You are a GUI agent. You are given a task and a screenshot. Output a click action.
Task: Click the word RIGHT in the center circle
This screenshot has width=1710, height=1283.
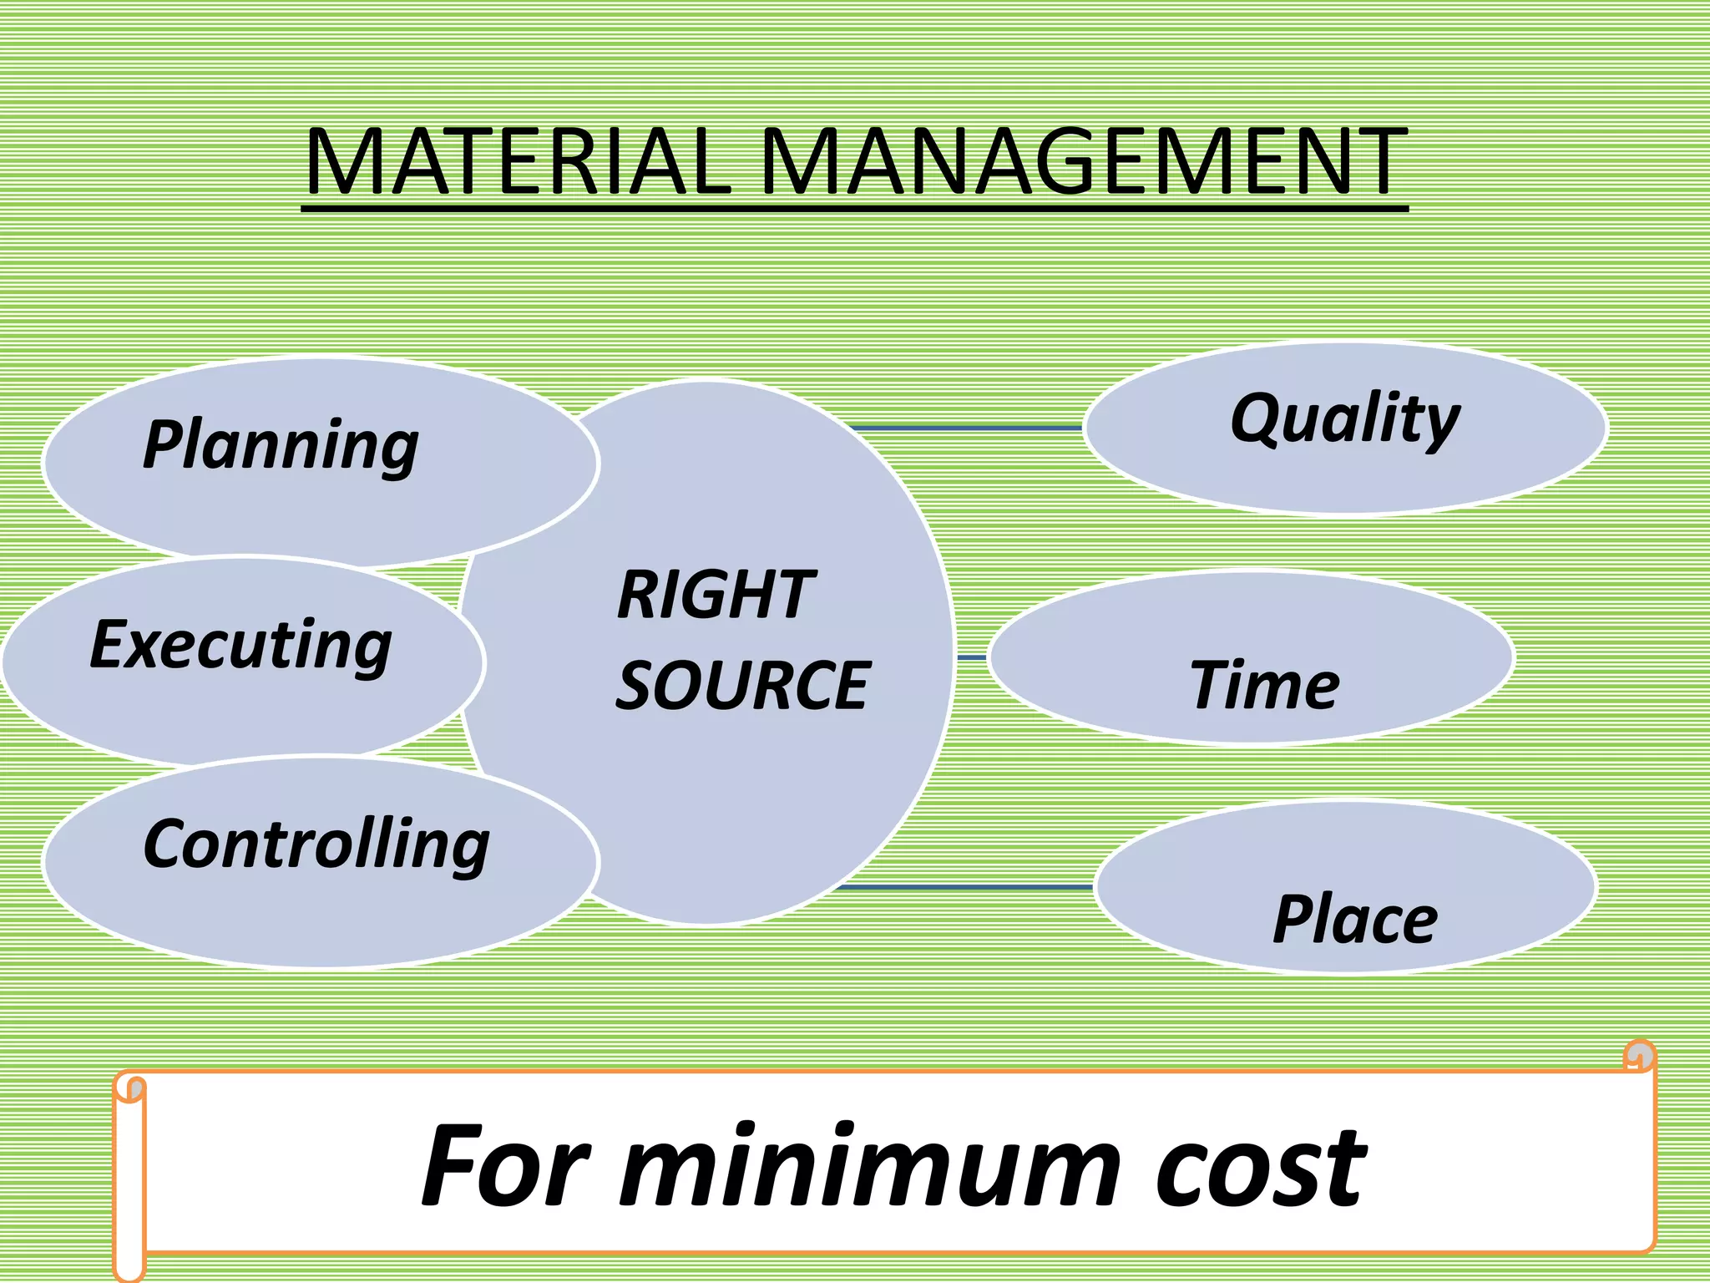pos(716,595)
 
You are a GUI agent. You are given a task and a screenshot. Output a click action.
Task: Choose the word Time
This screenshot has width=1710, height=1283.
pos(1264,685)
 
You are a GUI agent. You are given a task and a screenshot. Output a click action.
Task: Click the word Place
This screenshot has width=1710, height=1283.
pos(1355,919)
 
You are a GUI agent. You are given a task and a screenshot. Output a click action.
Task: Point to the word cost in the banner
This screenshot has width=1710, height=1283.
pos(1261,1168)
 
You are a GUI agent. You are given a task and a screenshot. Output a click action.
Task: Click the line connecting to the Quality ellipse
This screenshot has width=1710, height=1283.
pos(964,428)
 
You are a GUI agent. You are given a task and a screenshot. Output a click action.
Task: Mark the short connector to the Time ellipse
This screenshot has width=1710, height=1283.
pos(971,658)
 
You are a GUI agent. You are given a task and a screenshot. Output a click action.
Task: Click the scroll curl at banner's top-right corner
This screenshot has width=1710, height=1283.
pos(1640,1056)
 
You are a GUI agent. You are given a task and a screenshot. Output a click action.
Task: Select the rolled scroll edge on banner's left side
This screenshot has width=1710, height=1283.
pos(130,1178)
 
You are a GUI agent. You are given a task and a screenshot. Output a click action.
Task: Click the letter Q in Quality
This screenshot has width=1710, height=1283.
pos(1257,418)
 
